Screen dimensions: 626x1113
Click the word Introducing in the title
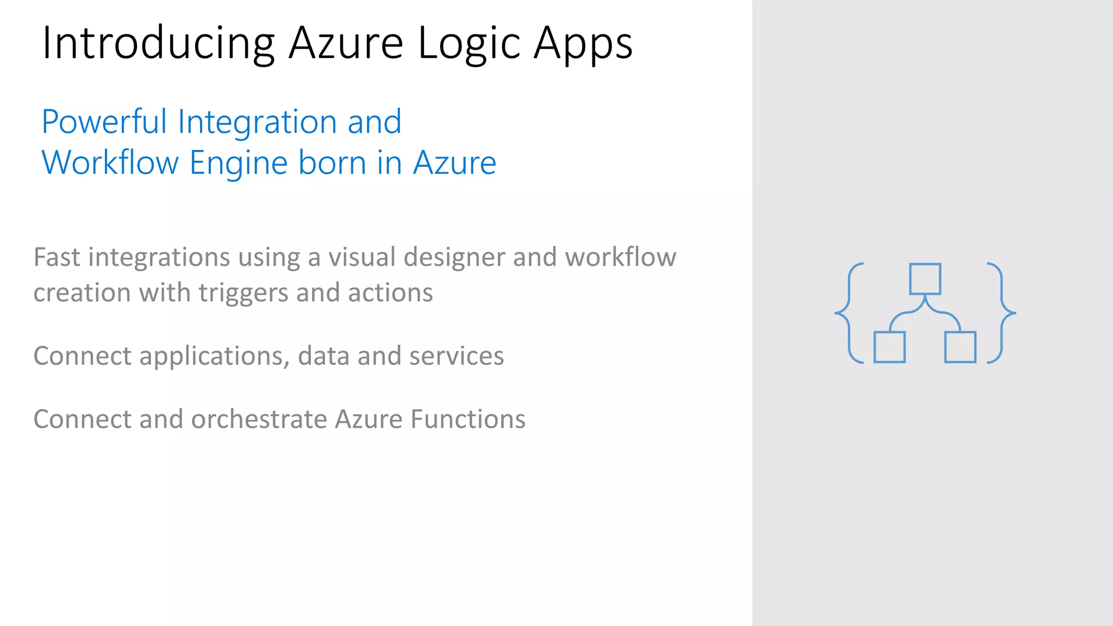(x=158, y=43)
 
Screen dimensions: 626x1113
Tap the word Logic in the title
(x=469, y=43)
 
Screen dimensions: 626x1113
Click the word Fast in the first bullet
(x=57, y=257)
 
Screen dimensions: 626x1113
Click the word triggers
(x=243, y=293)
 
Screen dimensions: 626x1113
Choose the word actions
(x=390, y=293)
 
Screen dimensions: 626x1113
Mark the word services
(x=457, y=356)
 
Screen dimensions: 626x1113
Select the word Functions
(x=468, y=419)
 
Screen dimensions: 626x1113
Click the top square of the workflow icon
(x=925, y=279)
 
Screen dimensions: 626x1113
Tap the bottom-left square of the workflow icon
(x=890, y=347)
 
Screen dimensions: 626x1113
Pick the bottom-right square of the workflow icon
(x=960, y=347)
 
